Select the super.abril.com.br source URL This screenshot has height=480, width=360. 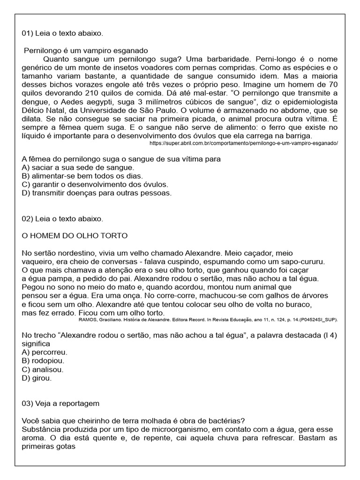(243, 143)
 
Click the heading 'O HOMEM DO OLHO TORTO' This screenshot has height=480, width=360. (75, 235)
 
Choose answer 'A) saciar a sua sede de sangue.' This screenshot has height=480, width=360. (78, 167)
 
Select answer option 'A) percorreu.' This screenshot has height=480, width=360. (45, 352)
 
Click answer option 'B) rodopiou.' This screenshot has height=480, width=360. (43, 360)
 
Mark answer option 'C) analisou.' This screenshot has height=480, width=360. (42, 369)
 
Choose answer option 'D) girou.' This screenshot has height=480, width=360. (37, 378)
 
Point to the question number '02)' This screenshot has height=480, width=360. (29, 218)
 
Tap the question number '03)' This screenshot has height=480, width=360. (29, 404)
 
